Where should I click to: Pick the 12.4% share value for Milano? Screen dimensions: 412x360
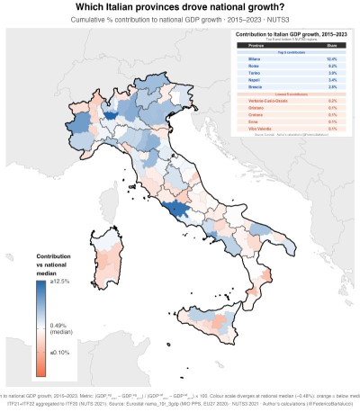331,58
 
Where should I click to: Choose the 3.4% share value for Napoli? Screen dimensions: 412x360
331,80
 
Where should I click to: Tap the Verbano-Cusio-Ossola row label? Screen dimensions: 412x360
256,102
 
